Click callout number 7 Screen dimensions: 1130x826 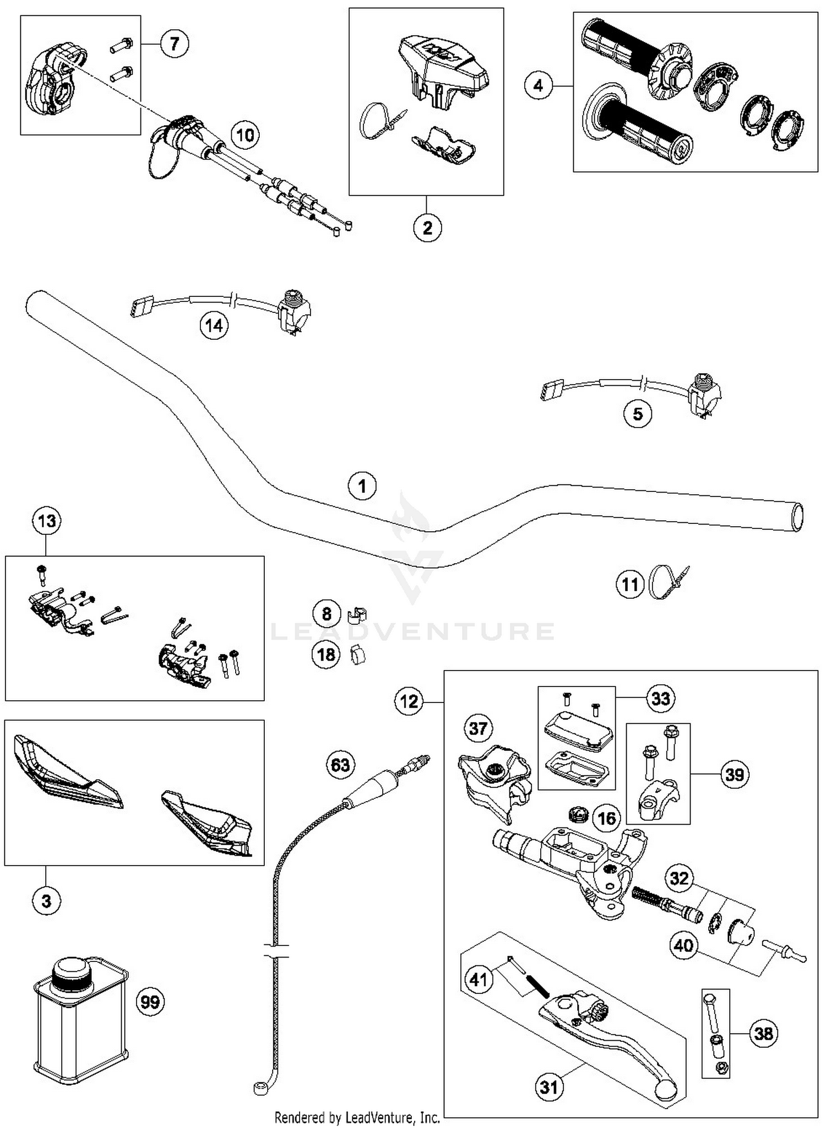click(x=175, y=44)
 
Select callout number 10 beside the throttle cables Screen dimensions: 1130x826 click(x=245, y=135)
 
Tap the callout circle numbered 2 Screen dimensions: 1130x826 click(x=427, y=228)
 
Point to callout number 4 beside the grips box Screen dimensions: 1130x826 click(x=538, y=85)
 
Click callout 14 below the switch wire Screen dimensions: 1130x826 click(x=214, y=326)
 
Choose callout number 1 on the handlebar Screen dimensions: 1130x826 click(x=362, y=486)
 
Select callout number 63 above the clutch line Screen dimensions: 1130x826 click(x=340, y=765)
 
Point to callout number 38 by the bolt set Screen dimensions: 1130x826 click(x=763, y=1034)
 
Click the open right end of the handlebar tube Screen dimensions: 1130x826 click(x=797, y=517)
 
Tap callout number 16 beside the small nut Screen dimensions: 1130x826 click(x=606, y=818)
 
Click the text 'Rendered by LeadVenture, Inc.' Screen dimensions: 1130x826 click(x=357, y=1117)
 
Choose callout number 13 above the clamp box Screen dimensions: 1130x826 click(x=47, y=521)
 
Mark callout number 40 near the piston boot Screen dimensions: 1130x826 click(x=683, y=945)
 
